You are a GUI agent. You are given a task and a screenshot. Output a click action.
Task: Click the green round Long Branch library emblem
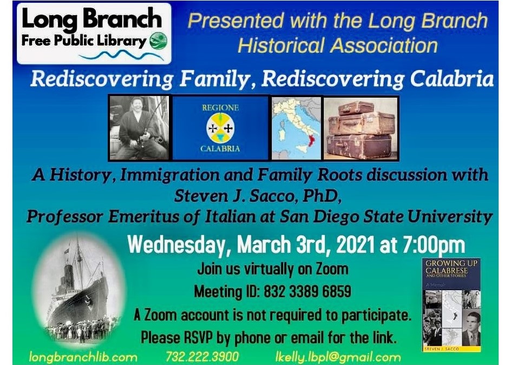pyautogui.click(x=159, y=41)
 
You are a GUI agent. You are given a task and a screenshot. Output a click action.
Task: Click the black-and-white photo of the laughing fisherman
pyautogui.click(x=139, y=128)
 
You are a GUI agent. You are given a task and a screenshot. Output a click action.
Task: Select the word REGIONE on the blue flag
pyautogui.click(x=220, y=107)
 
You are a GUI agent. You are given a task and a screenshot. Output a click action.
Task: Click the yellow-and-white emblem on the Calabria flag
pyautogui.click(x=220, y=128)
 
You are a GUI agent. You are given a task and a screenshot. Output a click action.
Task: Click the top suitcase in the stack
pyautogui.click(x=356, y=108)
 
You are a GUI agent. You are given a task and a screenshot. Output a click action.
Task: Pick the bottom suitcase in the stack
pyautogui.click(x=359, y=146)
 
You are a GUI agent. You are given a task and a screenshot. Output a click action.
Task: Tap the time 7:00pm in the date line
pyautogui.click(x=434, y=245)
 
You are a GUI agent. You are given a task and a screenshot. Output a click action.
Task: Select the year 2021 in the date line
pyautogui.click(x=356, y=245)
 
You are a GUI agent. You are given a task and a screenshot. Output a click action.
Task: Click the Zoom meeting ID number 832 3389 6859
pyautogui.click(x=308, y=291)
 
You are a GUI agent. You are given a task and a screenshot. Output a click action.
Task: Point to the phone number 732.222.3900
pyautogui.click(x=202, y=356)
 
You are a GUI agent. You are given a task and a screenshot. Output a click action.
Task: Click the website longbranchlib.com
pyautogui.click(x=83, y=357)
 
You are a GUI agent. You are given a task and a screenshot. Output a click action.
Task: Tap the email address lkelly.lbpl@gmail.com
pyautogui.click(x=338, y=357)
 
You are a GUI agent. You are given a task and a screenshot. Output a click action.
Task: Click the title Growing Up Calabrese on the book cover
pyautogui.click(x=451, y=267)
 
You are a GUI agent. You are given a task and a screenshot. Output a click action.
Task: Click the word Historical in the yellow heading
pyautogui.click(x=281, y=46)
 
